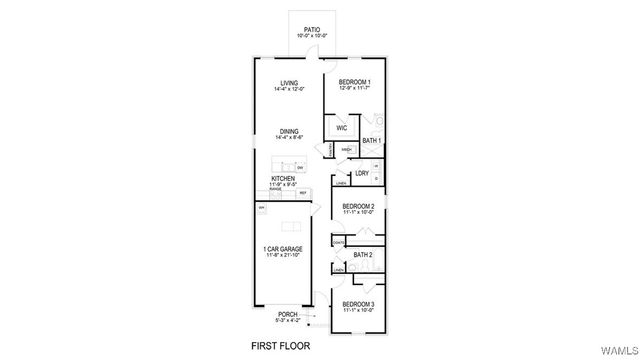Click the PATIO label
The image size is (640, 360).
313,30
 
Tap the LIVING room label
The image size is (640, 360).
288,83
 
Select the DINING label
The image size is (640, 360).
288,131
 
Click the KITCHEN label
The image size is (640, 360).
282,178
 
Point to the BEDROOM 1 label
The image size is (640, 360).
354,82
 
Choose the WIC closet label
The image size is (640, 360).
341,128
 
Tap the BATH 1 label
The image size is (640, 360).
370,141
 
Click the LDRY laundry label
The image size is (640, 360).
361,173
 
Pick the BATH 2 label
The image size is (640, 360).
363,255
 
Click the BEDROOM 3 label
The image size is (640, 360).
358,303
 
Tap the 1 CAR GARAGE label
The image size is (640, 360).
284,248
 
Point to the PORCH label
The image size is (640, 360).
287,314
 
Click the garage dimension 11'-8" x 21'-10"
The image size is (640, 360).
284,255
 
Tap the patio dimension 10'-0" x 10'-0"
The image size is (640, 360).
313,37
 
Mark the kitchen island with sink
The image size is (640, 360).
291,165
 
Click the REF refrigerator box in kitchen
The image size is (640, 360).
317,192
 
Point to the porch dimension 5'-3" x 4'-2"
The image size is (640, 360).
287,321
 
